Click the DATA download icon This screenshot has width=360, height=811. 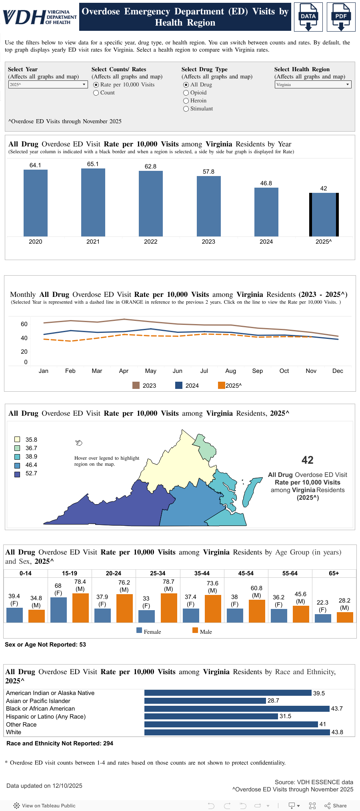point(308,17)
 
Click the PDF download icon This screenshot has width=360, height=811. point(341,17)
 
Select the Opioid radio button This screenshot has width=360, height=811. point(186,93)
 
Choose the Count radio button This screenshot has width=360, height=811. point(96,93)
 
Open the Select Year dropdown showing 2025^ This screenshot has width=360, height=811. point(48,84)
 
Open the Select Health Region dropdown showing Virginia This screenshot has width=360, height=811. point(313,84)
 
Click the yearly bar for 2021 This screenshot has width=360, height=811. point(93,202)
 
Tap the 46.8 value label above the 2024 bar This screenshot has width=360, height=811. point(266,183)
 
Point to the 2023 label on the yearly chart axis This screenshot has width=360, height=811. point(208,242)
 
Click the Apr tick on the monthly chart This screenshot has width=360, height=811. point(124,371)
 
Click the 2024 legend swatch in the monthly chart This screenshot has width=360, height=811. point(179,385)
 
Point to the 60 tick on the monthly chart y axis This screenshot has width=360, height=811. point(24,324)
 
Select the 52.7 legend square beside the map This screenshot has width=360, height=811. point(17,474)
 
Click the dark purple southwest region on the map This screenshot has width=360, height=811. point(120,508)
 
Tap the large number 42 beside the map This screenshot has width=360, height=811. point(307,460)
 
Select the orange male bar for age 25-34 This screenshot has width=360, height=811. point(169,608)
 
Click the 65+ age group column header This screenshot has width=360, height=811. point(334,573)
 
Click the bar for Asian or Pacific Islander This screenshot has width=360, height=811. point(205,701)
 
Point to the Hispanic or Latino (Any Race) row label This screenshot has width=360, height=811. point(46,717)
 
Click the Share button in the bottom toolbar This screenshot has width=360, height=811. point(336,806)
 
